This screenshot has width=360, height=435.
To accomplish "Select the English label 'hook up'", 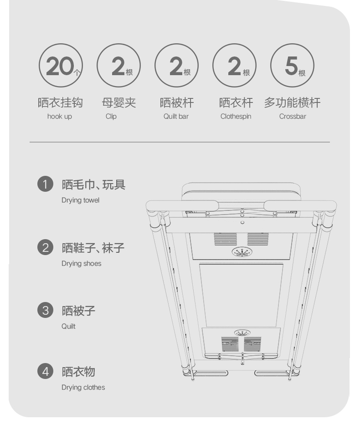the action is pos(60,117).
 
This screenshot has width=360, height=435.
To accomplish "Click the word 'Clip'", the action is pos(111,117).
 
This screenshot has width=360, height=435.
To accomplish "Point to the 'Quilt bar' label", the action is pos(176,117).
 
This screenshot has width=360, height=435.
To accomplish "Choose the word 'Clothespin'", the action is pos(236,117).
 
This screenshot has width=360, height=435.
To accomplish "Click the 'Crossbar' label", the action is pos(293,117).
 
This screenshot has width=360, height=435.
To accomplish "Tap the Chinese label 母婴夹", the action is pos(118,102).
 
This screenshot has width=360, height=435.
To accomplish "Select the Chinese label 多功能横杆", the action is pos(292,102).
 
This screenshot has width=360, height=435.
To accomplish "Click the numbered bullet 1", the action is pos(45,184).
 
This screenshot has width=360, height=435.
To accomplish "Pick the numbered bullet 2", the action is pos(45,247).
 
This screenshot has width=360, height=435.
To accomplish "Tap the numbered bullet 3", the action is pos(45,310).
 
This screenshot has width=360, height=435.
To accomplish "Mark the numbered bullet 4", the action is pos(45,371).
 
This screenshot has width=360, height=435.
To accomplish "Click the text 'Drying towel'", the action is pos(81,200).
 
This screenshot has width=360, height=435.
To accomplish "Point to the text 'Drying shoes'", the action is pos(81,264).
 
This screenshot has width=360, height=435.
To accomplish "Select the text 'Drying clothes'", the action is pos(83,388).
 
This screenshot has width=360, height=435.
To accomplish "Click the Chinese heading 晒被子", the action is pos(78,311).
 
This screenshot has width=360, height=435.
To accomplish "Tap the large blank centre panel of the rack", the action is pos(241,296).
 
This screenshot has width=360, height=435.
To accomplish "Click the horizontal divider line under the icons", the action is pos(180,142).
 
